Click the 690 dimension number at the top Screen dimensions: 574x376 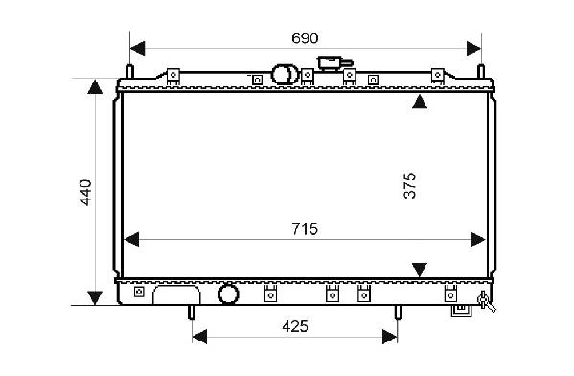coord(305,38)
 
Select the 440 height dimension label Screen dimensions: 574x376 coord(85,193)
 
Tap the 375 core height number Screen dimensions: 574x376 coord(409,185)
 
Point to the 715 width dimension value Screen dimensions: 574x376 coord(305,229)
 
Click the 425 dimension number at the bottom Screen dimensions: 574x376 coord(295,326)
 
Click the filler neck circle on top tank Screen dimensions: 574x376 coord(281,75)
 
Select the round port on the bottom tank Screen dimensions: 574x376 coord(228,294)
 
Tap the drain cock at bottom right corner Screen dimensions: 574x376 coord(486,301)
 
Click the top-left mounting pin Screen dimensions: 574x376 coord(130,71)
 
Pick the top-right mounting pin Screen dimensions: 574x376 coord(481,71)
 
